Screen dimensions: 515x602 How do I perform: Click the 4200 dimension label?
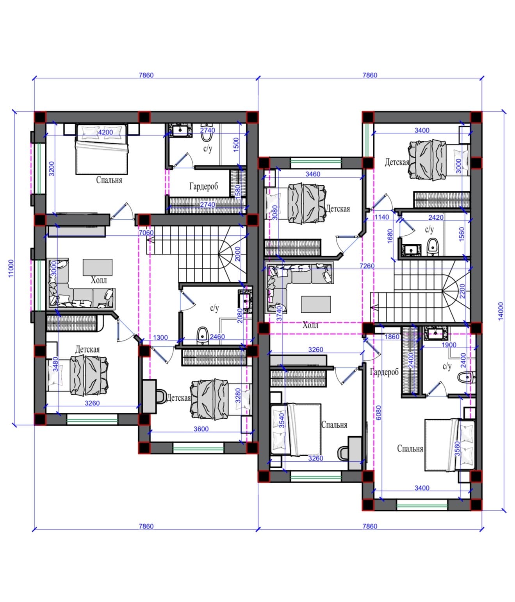click(105, 132)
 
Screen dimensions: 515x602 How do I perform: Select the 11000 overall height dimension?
click(11, 268)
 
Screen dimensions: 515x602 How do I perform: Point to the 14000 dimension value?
click(501, 311)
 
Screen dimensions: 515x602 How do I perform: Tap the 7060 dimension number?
click(146, 233)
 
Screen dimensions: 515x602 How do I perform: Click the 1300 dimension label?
click(160, 337)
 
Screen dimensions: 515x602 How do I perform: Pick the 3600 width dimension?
click(201, 429)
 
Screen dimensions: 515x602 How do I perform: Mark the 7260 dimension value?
click(367, 266)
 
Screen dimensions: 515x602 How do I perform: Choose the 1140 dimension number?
click(381, 217)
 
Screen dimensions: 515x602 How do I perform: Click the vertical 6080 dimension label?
click(378, 413)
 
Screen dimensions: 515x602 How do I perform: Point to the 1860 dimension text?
click(392, 337)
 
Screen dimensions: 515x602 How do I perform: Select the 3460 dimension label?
click(313, 174)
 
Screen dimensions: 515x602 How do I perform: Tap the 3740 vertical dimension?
click(279, 313)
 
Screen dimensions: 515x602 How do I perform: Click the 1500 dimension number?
click(236, 144)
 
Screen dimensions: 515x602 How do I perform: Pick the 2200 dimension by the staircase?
click(462, 291)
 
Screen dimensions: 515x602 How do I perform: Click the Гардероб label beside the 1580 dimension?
click(204, 186)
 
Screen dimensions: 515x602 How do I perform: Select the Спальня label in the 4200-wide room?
click(109, 180)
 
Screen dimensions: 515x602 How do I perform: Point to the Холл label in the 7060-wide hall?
click(99, 280)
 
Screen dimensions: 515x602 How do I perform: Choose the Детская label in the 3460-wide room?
click(337, 208)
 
